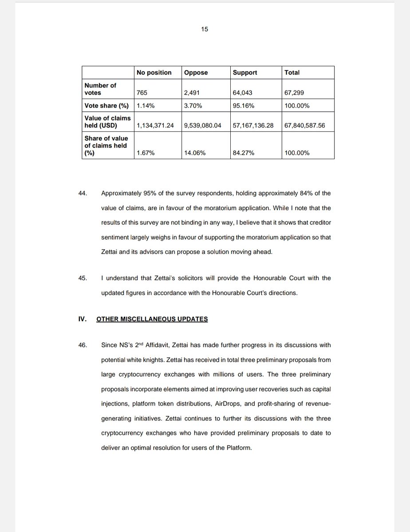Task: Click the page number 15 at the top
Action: pyautogui.click(x=205, y=29)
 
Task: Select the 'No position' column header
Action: pyautogui.click(x=154, y=72)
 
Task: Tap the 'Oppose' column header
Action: pyautogui.click(x=196, y=72)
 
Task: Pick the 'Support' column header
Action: pyautogui.click(x=245, y=72)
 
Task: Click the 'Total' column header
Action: pyautogui.click(x=292, y=72)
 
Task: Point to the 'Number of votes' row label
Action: pyautogui.click(x=100, y=89)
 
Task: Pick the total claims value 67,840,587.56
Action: pyautogui.click(x=305, y=125)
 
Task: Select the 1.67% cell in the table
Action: pyautogui.click(x=145, y=153)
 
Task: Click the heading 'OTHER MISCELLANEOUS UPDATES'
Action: pyautogui.click(x=152, y=319)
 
